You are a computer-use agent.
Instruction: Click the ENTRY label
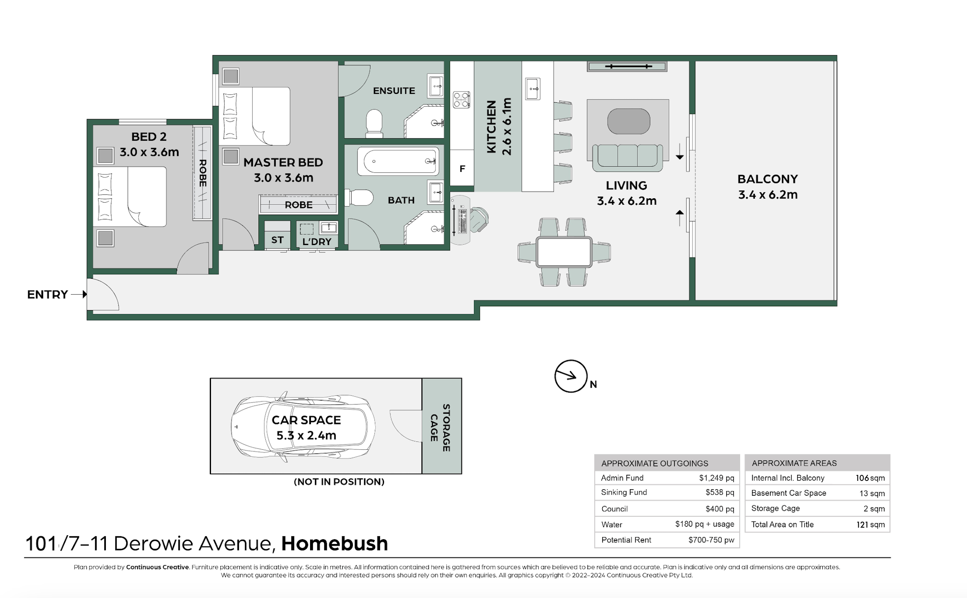(47, 295)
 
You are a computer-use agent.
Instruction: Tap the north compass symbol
(571, 376)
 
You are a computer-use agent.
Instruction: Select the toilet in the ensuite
(374, 124)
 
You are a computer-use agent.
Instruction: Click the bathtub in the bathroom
(398, 161)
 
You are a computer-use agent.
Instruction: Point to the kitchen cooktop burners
(461, 100)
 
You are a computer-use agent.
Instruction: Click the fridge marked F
(462, 168)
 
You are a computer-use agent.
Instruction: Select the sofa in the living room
(627, 157)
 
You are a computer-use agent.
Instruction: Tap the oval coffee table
(629, 121)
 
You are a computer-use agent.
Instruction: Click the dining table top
(564, 252)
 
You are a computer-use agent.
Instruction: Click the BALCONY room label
(768, 179)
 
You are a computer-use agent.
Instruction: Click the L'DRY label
(317, 242)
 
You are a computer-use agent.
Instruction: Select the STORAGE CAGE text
(440, 428)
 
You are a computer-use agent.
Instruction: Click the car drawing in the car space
(303, 427)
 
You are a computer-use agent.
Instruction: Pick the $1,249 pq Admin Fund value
(716, 478)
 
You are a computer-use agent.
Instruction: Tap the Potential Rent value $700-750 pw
(711, 540)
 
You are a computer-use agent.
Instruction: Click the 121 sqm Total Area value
(870, 525)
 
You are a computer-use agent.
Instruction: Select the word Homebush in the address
(334, 544)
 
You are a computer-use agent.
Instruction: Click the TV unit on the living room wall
(627, 66)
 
